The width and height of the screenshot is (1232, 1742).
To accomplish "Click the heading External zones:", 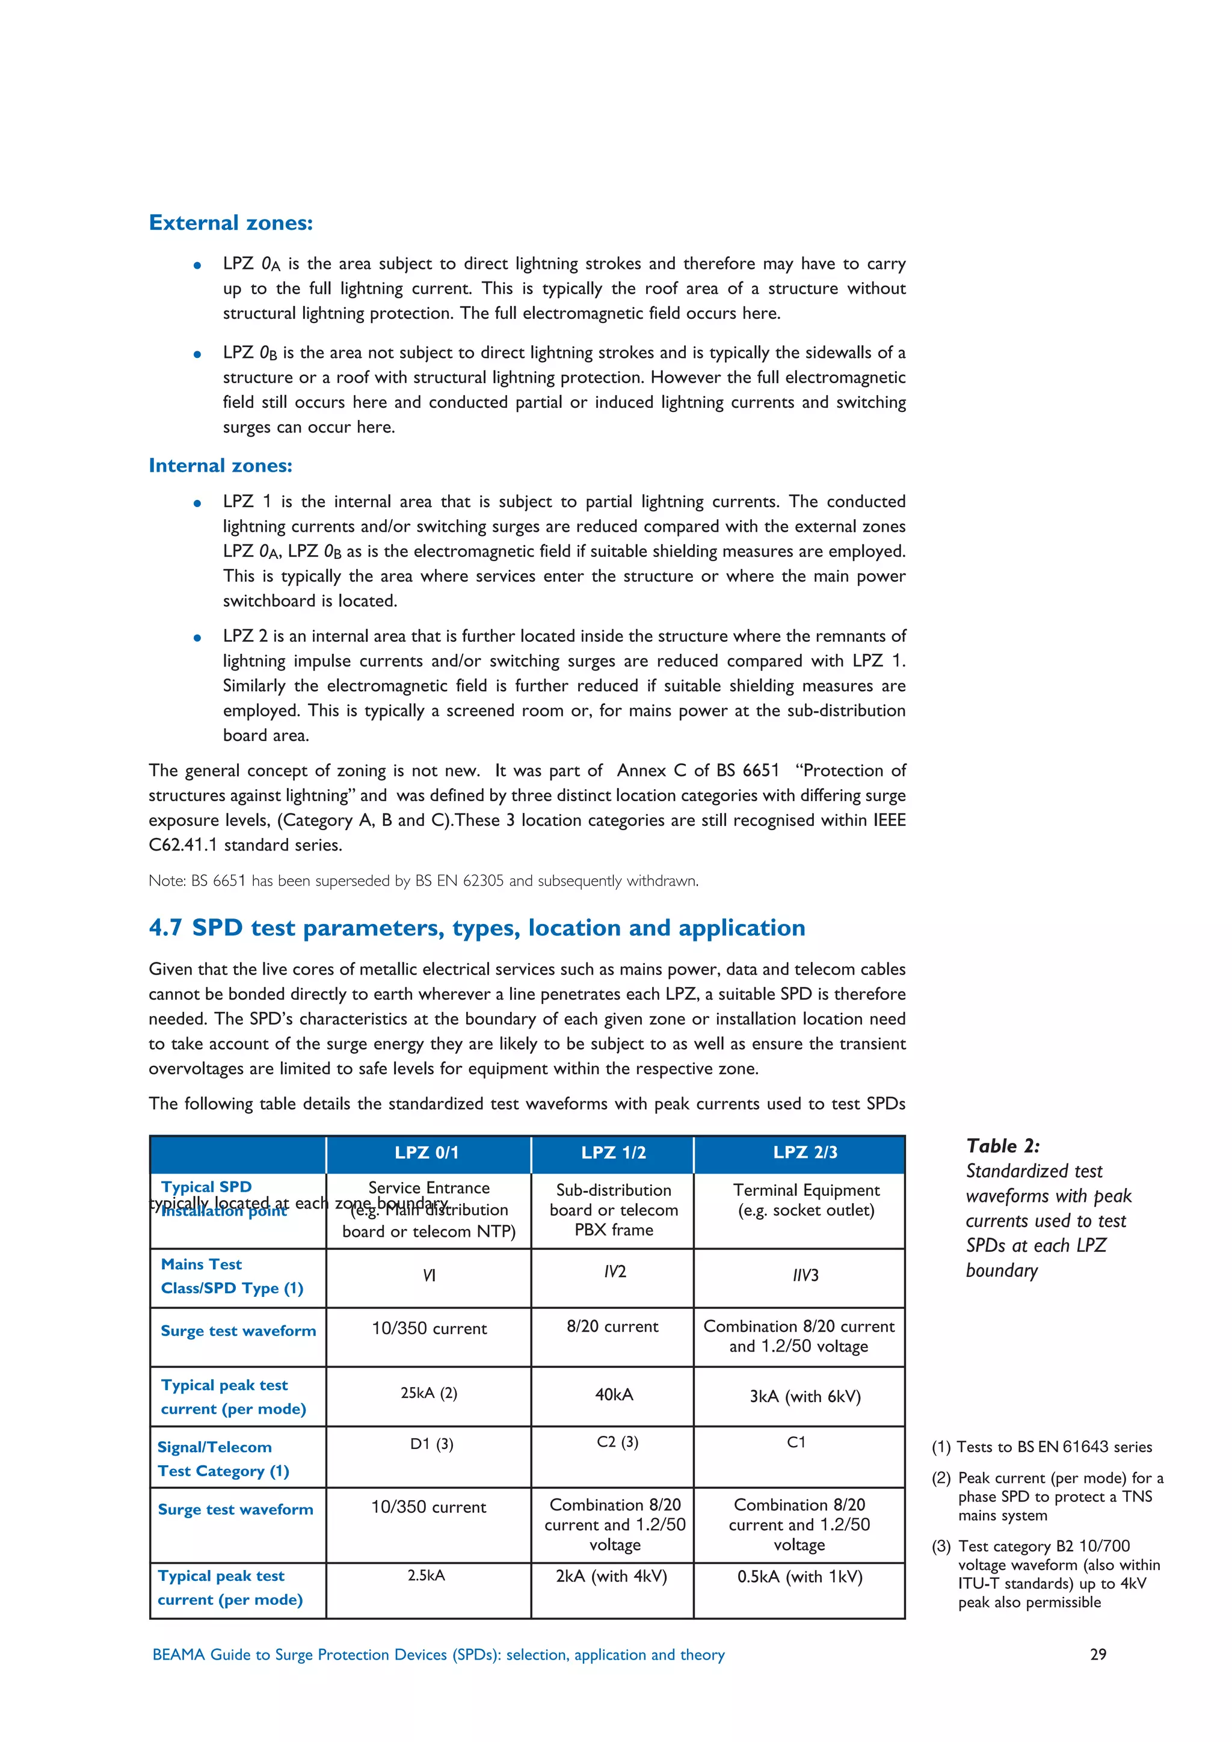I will [x=230, y=223].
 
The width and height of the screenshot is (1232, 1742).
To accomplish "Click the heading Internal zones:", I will [x=220, y=465].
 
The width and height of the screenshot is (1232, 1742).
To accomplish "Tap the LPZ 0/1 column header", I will [x=427, y=1153].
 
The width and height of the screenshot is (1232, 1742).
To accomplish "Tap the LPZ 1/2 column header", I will [x=613, y=1153].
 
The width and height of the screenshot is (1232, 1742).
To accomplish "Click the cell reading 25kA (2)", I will [x=429, y=1393].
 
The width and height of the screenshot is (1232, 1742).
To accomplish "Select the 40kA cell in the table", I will [x=614, y=1394].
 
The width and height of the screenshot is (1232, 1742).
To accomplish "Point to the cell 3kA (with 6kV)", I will [x=805, y=1396].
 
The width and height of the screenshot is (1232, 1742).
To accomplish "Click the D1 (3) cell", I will [x=432, y=1443].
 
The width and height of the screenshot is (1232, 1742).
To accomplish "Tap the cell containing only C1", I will [x=796, y=1442].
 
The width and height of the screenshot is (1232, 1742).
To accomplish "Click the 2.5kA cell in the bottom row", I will [x=427, y=1575].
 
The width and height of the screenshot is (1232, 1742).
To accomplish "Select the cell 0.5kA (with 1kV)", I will [x=799, y=1577].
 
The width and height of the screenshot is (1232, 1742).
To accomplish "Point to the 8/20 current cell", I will [x=612, y=1326].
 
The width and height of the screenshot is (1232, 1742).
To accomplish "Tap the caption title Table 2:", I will [x=1002, y=1146].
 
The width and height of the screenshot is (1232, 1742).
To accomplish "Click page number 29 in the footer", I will [x=1098, y=1654].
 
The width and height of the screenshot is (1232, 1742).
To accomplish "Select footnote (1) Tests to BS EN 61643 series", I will [x=1041, y=1446].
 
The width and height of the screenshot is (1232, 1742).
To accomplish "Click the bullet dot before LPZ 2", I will [x=197, y=638].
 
